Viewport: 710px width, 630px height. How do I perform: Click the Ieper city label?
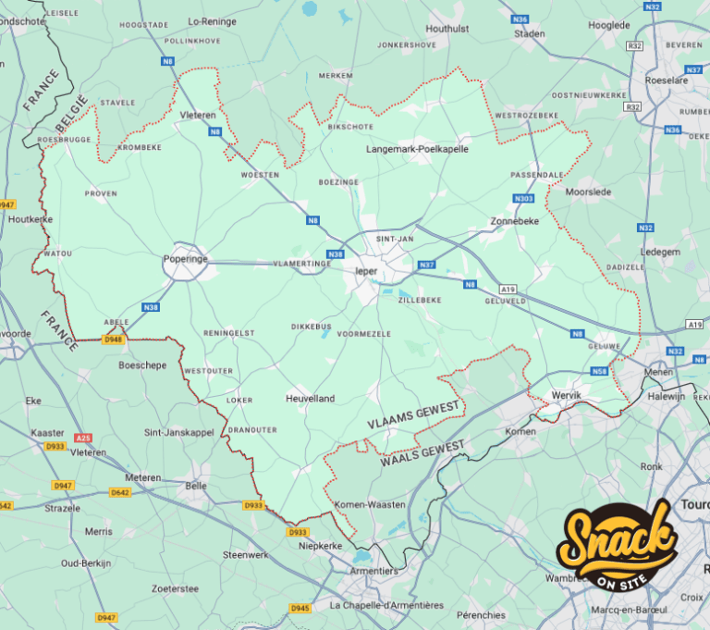(367, 271)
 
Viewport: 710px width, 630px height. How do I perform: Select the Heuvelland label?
(310, 399)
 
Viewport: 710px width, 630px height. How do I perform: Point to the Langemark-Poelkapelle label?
(417, 148)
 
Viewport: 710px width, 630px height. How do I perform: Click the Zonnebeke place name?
(515, 222)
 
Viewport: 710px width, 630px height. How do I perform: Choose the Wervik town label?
(567, 395)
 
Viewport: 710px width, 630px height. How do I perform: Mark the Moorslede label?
(588, 192)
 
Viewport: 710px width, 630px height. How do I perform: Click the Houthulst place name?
(448, 30)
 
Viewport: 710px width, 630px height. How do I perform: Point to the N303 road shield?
(523, 198)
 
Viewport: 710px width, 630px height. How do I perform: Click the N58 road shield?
(599, 370)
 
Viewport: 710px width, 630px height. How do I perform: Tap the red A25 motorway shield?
(84, 437)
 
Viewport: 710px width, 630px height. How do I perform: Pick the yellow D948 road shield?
(113, 340)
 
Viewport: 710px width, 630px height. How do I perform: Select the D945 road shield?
(300, 608)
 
